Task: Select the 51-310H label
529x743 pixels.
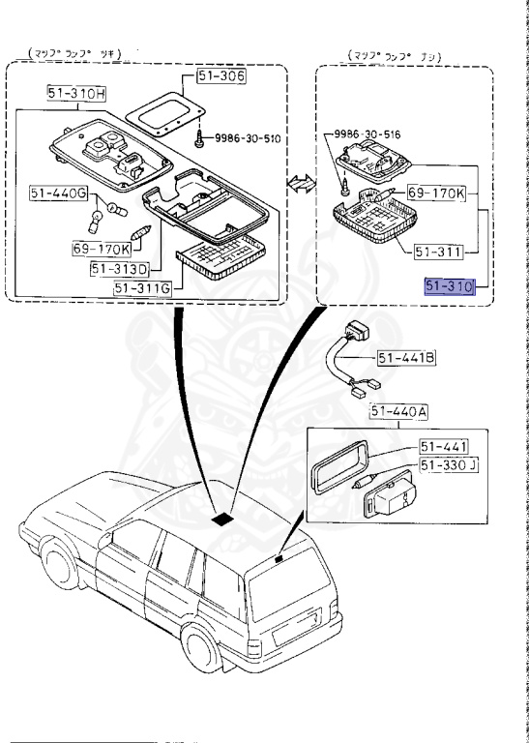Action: click(77, 94)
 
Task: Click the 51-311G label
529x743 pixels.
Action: click(141, 287)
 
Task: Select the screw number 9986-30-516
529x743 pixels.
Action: click(368, 134)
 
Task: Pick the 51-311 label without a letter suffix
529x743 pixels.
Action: click(440, 251)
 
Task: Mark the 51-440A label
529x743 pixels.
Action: click(398, 413)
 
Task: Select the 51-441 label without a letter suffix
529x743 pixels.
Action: click(444, 446)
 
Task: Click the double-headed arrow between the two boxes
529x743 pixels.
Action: click(299, 182)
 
